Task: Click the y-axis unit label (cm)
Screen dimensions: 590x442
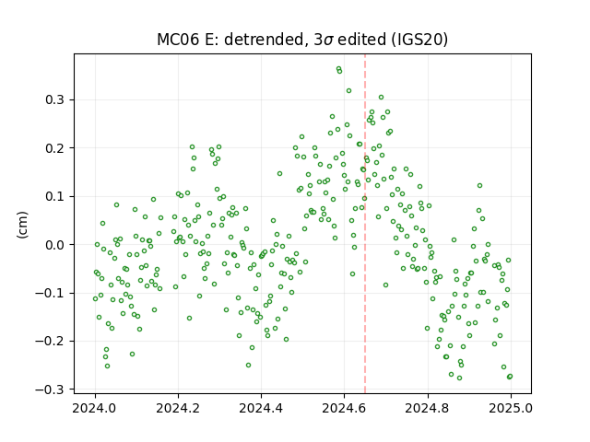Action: point(22,225)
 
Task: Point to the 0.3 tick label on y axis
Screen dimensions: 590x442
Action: point(54,100)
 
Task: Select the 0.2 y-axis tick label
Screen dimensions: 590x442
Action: point(54,148)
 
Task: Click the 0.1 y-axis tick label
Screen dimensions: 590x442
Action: point(54,196)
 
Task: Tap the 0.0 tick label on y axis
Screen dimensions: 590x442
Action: point(54,245)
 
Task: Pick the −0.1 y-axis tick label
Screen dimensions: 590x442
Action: point(50,293)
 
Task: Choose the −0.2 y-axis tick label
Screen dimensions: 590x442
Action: point(50,342)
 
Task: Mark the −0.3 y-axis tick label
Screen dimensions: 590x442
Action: point(50,390)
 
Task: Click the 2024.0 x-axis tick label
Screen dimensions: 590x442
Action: point(95,408)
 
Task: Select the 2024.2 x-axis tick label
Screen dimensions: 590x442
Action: point(178,408)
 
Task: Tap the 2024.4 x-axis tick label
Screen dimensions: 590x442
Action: point(261,408)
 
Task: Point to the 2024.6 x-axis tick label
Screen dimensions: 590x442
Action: point(344,408)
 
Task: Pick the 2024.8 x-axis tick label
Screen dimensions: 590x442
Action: point(428,408)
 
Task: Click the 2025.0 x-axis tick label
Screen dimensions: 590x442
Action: point(511,408)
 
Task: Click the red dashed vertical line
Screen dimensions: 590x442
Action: point(365,224)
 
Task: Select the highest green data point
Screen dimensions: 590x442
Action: point(338,69)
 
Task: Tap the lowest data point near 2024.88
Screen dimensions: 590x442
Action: point(459,378)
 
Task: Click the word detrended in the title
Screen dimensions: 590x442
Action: point(264,40)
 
